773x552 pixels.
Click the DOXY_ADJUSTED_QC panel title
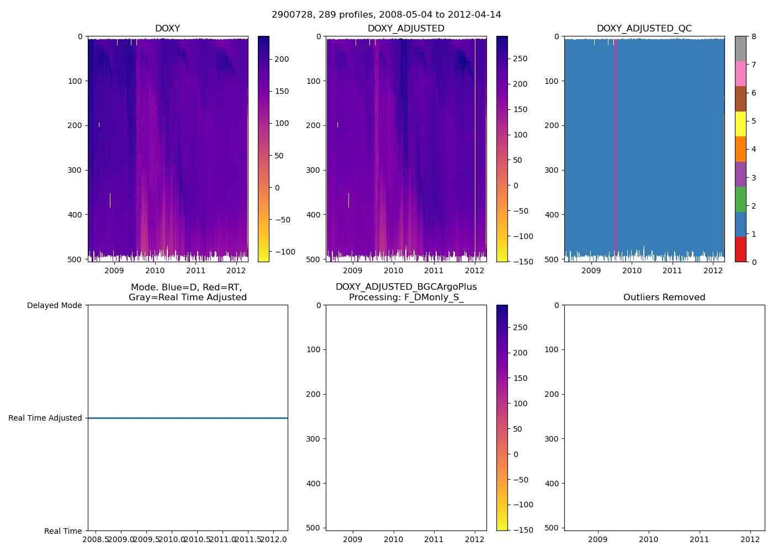click(644, 29)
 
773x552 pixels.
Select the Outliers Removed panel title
click(664, 298)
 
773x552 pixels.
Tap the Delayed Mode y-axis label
click(54, 305)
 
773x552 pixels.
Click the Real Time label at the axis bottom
click(63, 531)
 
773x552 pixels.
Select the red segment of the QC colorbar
click(740, 250)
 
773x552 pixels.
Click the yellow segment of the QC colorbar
click(740, 124)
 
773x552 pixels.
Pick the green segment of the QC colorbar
click(740, 199)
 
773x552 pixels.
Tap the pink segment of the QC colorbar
click(740, 73)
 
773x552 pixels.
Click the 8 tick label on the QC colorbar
click(754, 36)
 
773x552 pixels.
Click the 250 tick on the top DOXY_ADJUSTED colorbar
click(520, 59)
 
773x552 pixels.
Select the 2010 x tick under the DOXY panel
click(155, 270)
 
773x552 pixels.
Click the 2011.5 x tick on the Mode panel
click(248, 539)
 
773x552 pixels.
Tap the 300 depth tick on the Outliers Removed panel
click(552, 439)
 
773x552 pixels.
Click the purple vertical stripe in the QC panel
click(615, 149)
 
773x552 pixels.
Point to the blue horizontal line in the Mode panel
click(188, 418)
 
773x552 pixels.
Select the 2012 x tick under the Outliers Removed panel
click(750, 539)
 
